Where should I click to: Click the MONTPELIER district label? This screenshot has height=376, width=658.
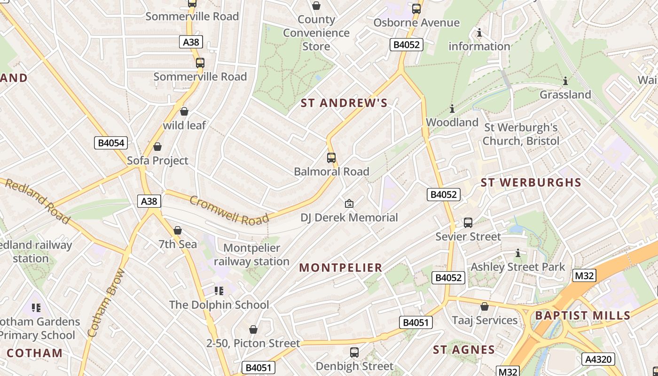(x=340, y=268)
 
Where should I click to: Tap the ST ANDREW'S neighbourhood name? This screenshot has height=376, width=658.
(x=344, y=103)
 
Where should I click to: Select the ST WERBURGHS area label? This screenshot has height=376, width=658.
(x=531, y=182)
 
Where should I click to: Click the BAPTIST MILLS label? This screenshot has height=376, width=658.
(x=583, y=315)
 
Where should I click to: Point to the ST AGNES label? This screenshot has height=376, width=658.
(x=464, y=350)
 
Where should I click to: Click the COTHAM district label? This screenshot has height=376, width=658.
(x=34, y=353)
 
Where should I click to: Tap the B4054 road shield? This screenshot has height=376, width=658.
(x=111, y=143)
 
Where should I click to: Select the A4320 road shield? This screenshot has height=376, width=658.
(x=598, y=360)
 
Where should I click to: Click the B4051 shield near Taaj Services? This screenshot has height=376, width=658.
(x=416, y=322)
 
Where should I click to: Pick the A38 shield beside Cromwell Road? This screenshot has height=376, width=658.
(x=149, y=201)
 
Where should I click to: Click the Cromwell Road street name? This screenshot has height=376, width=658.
(x=229, y=210)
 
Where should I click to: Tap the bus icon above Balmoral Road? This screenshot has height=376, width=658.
(x=331, y=158)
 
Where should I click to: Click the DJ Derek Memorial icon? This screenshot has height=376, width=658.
(x=349, y=204)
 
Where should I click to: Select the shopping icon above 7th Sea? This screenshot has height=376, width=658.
(x=178, y=230)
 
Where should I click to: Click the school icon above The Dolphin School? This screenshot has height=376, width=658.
(x=219, y=291)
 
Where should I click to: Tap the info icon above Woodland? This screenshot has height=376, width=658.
(x=452, y=109)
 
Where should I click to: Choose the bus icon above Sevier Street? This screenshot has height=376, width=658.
(x=468, y=223)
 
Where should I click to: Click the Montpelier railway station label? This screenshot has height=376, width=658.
(x=251, y=255)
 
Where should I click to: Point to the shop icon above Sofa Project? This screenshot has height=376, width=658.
(x=157, y=147)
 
